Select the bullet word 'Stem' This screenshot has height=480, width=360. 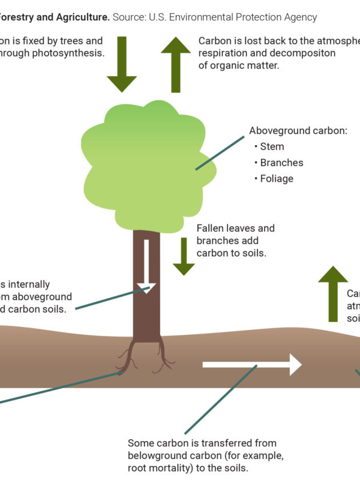272,146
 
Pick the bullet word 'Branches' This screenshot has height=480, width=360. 281,163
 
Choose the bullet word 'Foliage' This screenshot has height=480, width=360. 277,179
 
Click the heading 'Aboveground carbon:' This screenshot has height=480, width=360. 298,131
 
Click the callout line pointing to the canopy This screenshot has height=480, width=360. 220,153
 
